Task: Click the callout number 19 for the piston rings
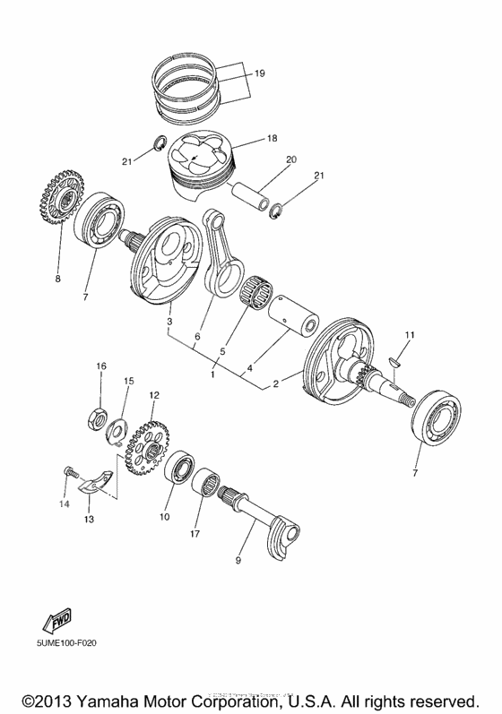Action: pos(259,73)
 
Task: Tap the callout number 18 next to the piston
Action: pos(273,140)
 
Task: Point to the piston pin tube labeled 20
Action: pos(255,194)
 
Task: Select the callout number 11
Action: pos(408,335)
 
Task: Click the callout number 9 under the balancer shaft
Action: pos(238,560)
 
